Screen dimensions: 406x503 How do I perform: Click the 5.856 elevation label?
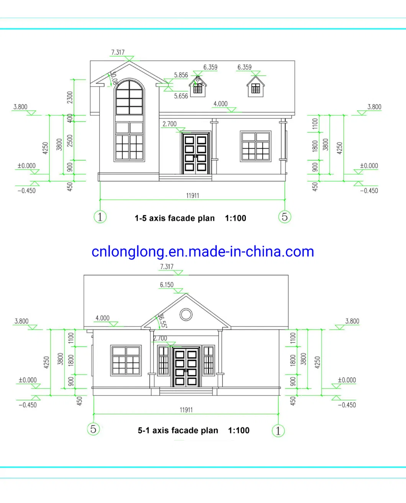(x=181, y=75)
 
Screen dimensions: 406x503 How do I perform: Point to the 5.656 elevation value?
(x=181, y=96)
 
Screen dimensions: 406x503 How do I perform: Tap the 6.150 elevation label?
(x=167, y=285)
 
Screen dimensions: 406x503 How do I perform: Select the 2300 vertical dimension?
(x=70, y=97)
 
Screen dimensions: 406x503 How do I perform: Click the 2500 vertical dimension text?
(x=70, y=141)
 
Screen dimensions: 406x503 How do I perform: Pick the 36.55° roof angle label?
(x=162, y=321)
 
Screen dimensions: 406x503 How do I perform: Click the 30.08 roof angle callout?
(x=113, y=78)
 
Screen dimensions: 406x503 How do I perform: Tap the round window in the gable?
(x=186, y=315)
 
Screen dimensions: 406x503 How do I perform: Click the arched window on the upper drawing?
(x=129, y=98)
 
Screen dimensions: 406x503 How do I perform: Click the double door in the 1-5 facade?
(x=195, y=154)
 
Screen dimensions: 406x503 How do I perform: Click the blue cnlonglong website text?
(x=203, y=252)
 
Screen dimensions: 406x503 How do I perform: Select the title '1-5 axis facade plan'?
(x=175, y=218)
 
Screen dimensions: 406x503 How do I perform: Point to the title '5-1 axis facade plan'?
(x=178, y=430)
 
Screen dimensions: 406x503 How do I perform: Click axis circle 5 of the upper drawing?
(x=285, y=217)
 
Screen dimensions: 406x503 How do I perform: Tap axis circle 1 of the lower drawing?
(x=278, y=431)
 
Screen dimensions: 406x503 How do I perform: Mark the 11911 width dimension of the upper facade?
(x=193, y=196)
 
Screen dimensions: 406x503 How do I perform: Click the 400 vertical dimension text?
(x=70, y=118)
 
